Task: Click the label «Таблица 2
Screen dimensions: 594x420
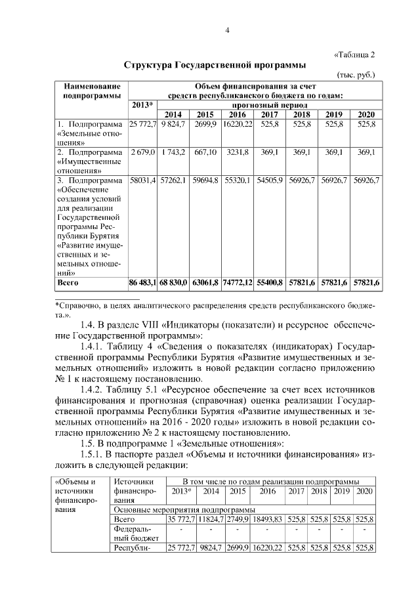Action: [x=355, y=54]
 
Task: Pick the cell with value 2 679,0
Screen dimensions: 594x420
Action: [x=142, y=152]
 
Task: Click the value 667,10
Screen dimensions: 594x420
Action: [x=205, y=152]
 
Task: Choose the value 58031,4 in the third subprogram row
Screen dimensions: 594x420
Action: [x=142, y=180]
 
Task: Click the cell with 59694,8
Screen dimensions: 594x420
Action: [x=205, y=180]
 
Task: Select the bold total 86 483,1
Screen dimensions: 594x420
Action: [x=142, y=283]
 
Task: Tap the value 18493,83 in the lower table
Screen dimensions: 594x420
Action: [x=266, y=519]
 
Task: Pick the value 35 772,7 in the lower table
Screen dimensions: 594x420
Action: [x=181, y=519]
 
